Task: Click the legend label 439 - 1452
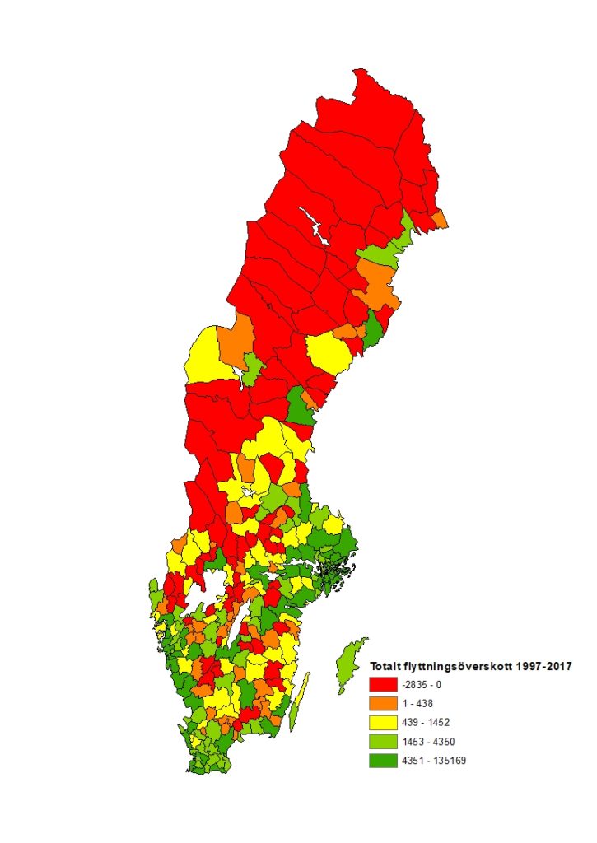coord(429,722)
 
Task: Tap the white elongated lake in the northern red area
coord(315,226)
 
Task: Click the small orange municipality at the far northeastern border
coord(440,219)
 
